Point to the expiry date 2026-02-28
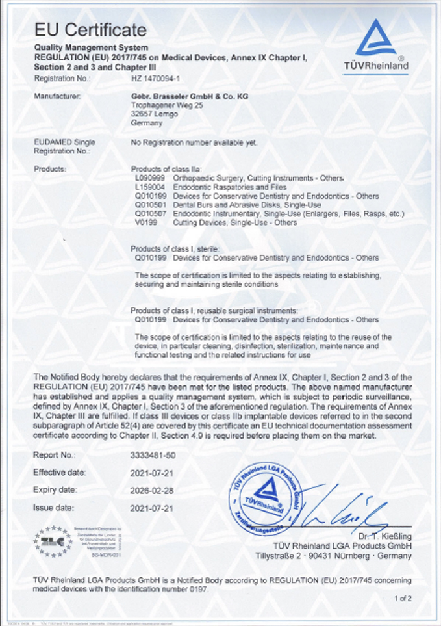pos(153,489)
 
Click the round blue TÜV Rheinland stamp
pos(269,495)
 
